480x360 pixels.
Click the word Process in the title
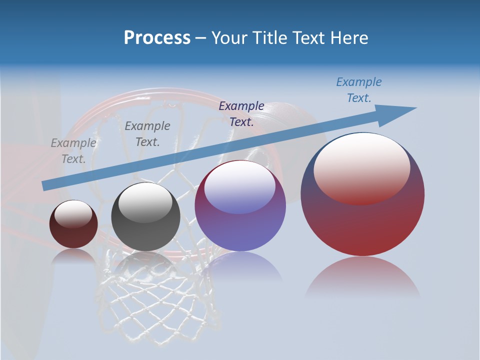pos(157,37)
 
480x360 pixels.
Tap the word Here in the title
pos(348,37)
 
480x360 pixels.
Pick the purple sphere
pos(240,225)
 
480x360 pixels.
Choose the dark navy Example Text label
pos(241,113)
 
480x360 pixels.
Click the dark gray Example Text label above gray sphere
pos(147,134)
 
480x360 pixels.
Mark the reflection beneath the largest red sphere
pos(362,277)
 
